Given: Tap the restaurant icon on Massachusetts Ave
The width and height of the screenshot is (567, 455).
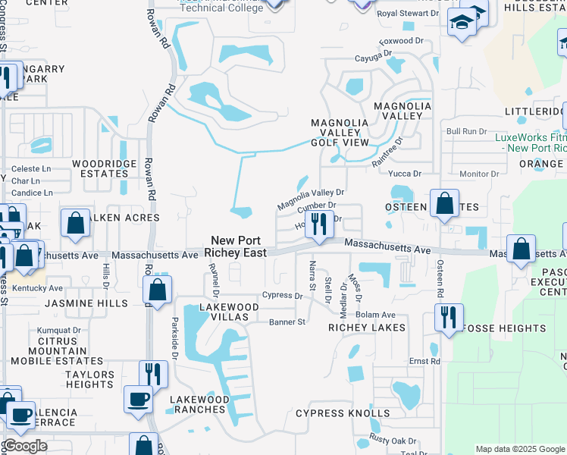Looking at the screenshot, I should coord(319,224).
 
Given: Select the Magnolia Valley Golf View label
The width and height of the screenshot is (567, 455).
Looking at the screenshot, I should coord(340,133).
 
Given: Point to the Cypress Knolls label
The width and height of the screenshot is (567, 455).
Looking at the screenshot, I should coord(343,413).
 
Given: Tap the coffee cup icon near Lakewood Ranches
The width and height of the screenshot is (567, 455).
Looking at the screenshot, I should coord(138,400).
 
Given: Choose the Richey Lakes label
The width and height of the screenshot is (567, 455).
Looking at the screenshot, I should coord(367,328).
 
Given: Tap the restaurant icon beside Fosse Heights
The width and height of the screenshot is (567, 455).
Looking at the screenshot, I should coord(449,315).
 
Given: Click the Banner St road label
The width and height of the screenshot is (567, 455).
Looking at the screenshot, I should coord(287,322).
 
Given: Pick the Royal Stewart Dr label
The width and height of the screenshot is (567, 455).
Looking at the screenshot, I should coord(408,14).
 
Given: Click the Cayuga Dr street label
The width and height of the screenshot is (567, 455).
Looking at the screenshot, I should coord(377,54).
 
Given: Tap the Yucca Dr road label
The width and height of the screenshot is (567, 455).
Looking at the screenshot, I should coord(406,174).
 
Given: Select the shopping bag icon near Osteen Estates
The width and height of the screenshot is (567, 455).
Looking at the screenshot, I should coord(444,205).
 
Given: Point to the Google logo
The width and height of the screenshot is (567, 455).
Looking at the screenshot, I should coord(25,446).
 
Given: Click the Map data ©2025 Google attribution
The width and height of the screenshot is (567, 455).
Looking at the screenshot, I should coord(521,449).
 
